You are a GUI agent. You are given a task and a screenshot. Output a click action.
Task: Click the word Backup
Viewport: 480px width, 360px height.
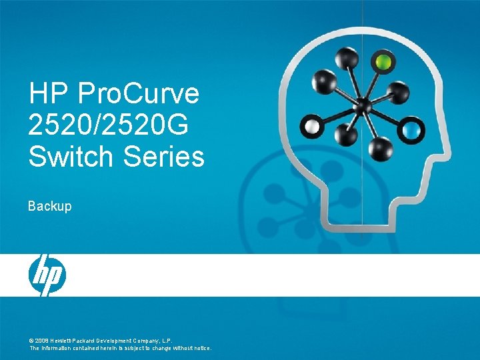pos(49,207)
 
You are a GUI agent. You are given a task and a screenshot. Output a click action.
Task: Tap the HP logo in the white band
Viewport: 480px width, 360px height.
pos(47,275)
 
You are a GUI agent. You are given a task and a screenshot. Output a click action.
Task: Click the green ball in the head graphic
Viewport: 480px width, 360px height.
pos(383,63)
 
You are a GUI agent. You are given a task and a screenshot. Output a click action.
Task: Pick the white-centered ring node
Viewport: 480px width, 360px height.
pos(311,125)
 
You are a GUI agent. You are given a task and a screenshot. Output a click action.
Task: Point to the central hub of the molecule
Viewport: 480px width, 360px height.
pos(363,105)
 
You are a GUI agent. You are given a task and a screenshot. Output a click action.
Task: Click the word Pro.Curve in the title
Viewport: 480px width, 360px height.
pos(139,93)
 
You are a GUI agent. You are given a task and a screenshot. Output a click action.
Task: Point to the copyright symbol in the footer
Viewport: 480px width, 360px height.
pos(31,340)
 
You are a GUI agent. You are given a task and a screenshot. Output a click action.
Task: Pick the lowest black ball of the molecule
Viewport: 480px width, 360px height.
pos(381,147)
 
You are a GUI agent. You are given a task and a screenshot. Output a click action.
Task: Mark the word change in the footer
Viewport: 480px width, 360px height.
pos(154,348)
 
